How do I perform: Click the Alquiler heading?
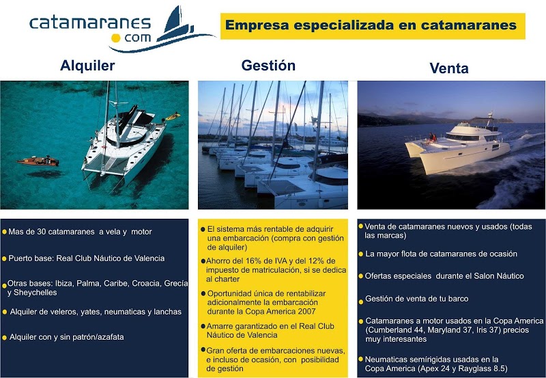point(87,66)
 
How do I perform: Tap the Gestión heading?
point(268,65)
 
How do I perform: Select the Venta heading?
point(449,68)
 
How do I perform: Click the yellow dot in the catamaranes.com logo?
point(116,38)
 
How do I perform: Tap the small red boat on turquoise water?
point(38,161)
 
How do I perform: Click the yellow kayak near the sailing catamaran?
point(173,116)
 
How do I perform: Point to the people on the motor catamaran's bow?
point(433,138)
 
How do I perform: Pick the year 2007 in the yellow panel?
point(306,312)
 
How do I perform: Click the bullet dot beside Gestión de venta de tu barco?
point(361,301)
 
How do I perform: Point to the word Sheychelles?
point(35,293)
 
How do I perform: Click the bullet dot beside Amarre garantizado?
point(203,327)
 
